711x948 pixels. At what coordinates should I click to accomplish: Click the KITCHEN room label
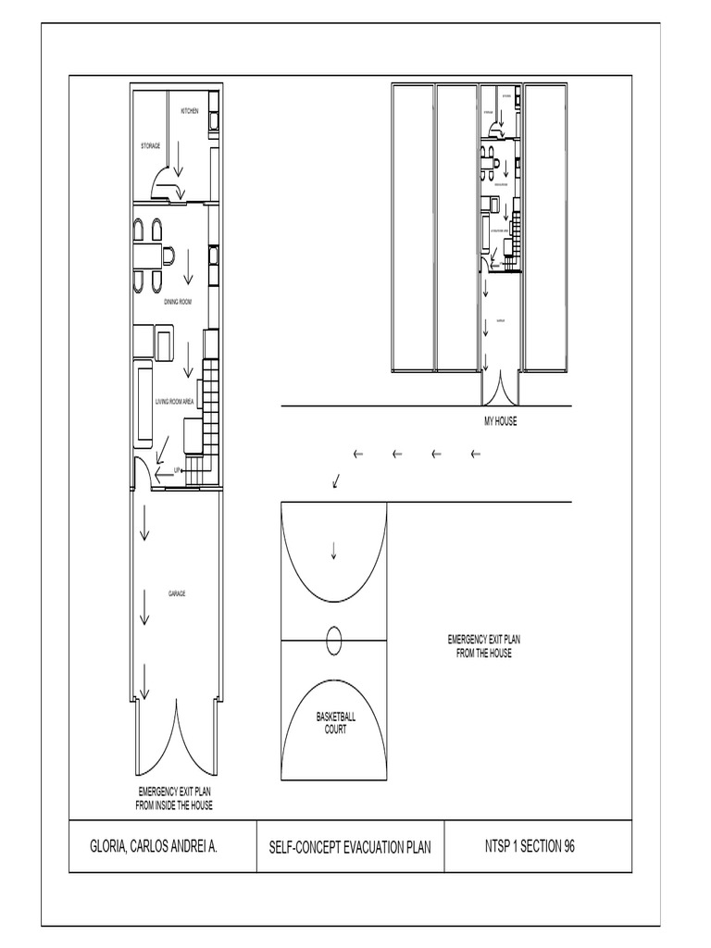[190, 111]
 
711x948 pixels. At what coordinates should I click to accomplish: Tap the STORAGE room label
[150, 146]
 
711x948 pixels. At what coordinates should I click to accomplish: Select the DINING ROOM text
[178, 302]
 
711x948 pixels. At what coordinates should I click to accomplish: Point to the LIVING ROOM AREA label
[174, 401]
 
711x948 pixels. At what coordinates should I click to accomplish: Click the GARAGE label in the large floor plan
[177, 593]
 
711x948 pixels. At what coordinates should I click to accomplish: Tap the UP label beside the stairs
[177, 470]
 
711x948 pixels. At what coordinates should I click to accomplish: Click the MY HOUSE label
[500, 421]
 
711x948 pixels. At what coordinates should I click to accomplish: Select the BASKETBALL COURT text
[335, 723]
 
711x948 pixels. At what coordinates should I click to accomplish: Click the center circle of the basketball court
[334, 639]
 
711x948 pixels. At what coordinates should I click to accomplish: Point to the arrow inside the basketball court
[334, 551]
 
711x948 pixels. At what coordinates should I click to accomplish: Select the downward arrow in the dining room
[188, 268]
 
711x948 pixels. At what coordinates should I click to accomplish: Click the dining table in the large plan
[146, 254]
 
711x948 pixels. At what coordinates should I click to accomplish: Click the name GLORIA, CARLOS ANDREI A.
[153, 846]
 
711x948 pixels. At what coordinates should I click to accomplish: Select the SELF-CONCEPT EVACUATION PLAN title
[350, 847]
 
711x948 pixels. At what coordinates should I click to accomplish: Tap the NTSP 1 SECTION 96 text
[530, 846]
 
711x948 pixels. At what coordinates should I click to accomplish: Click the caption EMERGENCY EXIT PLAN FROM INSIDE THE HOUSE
[175, 799]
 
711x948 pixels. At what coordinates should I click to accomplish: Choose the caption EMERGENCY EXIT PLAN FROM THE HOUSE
[483, 646]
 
